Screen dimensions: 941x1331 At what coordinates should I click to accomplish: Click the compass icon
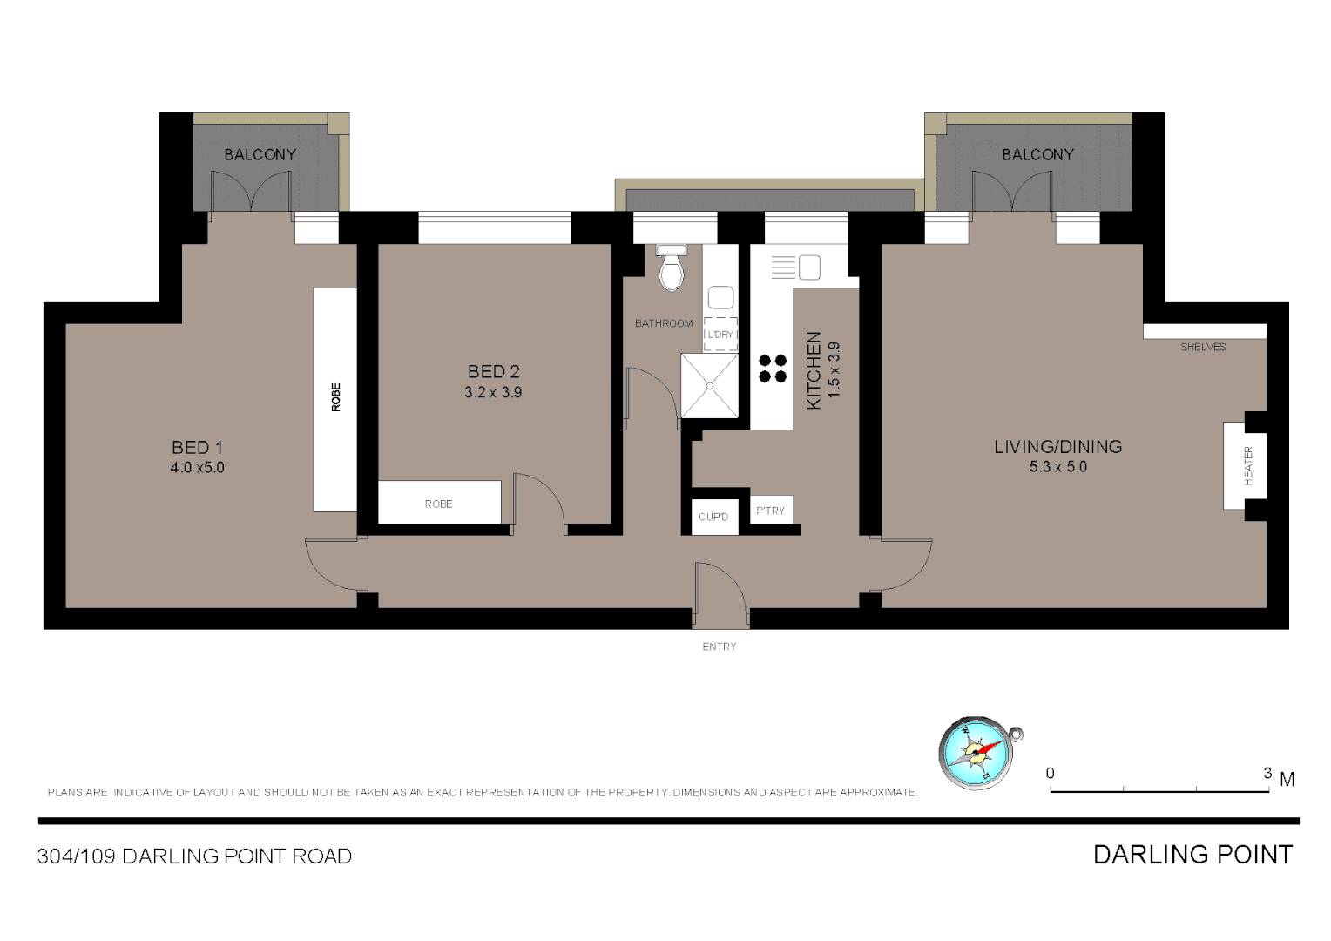[976, 753]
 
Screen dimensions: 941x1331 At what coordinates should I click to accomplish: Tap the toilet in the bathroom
[671, 268]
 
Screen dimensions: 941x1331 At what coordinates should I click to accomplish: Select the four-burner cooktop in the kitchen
[773, 369]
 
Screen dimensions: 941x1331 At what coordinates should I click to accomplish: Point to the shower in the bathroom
[709, 385]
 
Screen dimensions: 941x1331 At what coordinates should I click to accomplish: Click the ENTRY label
[720, 647]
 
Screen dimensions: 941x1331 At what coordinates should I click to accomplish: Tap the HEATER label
[1248, 466]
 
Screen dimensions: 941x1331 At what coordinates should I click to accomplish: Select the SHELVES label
[1203, 347]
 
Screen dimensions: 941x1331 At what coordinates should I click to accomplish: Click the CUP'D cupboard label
[713, 517]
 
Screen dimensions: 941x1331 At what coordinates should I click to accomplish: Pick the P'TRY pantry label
[771, 511]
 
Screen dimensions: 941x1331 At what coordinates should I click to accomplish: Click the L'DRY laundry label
[720, 335]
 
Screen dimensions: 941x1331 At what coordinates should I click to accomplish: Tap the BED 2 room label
[493, 372]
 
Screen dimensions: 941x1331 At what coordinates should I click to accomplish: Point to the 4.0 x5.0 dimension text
[198, 468]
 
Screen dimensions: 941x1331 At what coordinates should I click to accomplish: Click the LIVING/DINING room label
[1057, 447]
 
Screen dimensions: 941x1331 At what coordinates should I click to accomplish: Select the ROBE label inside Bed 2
[439, 504]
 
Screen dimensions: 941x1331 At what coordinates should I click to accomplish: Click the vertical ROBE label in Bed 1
[336, 397]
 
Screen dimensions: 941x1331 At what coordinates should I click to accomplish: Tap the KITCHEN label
[814, 370]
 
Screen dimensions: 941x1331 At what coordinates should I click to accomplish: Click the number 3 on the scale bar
[1267, 773]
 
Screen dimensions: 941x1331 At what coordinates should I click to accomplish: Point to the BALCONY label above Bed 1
[260, 154]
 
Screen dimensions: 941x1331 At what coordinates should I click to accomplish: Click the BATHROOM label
[664, 323]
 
